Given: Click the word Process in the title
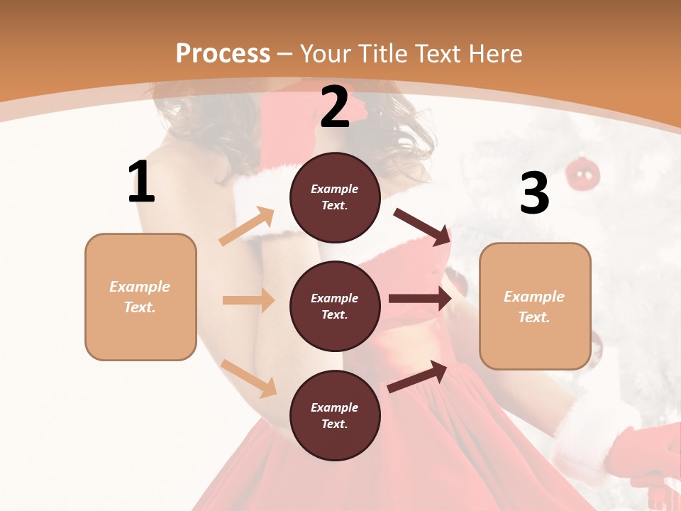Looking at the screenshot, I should coord(223,54).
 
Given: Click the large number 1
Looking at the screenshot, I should coord(141,182).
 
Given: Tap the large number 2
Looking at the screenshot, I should coord(335,108).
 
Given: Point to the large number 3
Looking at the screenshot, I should coord(534,193).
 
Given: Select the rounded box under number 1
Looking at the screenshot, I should coord(140,297).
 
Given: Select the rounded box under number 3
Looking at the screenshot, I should coord(535,306).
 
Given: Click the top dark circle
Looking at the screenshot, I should coord(335,197).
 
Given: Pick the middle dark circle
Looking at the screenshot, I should coord(335,307).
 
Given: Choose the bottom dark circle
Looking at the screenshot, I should coord(335,416).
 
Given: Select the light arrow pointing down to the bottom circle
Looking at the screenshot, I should coord(248,378).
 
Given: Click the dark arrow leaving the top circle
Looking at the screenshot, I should coord(423,226).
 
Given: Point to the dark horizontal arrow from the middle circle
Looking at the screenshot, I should coord(420,299).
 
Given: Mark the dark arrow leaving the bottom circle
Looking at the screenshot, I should coord(418,376).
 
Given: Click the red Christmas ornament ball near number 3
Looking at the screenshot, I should coord(583,173).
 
